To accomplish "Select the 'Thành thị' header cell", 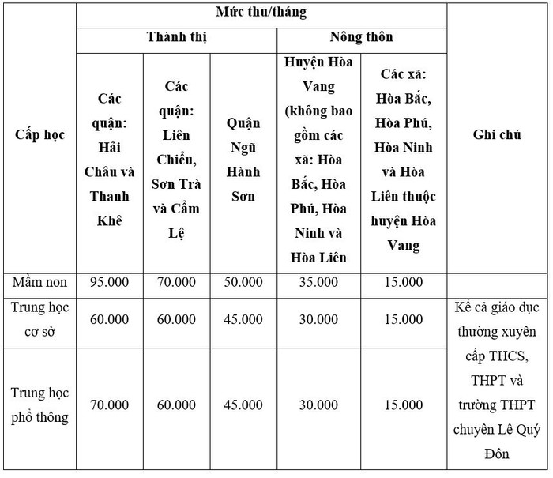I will pyautogui.click(x=176, y=38).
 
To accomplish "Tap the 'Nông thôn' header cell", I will pyautogui.click(x=361, y=38).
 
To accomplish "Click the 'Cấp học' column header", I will pyautogui.click(x=39, y=135).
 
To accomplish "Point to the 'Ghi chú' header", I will pyautogui.click(x=497, y=135).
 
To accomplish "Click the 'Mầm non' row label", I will pyautogui.click(x=39, y=282).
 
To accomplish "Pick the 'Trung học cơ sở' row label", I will pyautogui.click(x=39, y=319).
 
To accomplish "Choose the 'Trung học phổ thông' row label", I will pyautogui.click(x=39, y=405).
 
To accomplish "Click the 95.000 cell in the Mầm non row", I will pyautogui.click(x=110, y=282).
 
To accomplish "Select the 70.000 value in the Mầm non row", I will pyautogui.click(x=176, y=282).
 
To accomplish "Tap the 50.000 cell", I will pyautogui.click(x=243, y=282).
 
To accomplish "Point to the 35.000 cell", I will pyautogui.click(x=318, y=282).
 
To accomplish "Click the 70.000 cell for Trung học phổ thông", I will pyautogui.click(x=110, y=405).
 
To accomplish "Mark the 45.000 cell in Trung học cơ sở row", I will pyautogui.click(x=243, y=319).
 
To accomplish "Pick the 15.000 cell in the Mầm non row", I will pyautogui.click(x=403, y=282).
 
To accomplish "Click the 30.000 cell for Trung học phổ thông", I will pyautogui.click(x=318, y=405).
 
